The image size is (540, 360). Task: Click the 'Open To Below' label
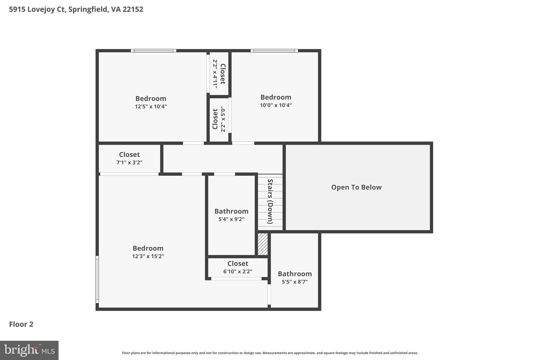[356, 187]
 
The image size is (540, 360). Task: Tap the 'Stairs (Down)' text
[270, 201]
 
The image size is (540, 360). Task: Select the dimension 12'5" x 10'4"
[151, 107]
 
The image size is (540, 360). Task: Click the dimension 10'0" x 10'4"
[276, 105]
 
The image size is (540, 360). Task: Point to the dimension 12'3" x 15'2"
[148, 256]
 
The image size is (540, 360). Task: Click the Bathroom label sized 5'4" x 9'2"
[231, 211]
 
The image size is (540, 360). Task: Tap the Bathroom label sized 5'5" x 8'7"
[295, 274]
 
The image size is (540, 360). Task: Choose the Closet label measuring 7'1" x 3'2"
[129, 155]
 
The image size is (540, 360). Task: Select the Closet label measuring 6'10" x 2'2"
[238, 263]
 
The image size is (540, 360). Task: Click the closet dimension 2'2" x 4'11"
[215, 74]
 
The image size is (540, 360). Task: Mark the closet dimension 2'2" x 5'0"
[223, 119]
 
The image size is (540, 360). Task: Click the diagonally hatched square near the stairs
[263, 244]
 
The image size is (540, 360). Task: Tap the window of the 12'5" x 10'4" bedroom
[153, 51]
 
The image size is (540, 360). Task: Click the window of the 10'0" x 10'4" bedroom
[274, 51]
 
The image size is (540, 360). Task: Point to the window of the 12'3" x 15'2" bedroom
[97, 280]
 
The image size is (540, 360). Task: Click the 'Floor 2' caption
[21, 324]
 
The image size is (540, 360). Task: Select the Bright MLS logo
[29, 350]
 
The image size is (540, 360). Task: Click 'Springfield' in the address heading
[88, 9]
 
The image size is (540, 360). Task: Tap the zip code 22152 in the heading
[133, 9]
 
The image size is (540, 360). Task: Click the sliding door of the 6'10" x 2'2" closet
[236, 279]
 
